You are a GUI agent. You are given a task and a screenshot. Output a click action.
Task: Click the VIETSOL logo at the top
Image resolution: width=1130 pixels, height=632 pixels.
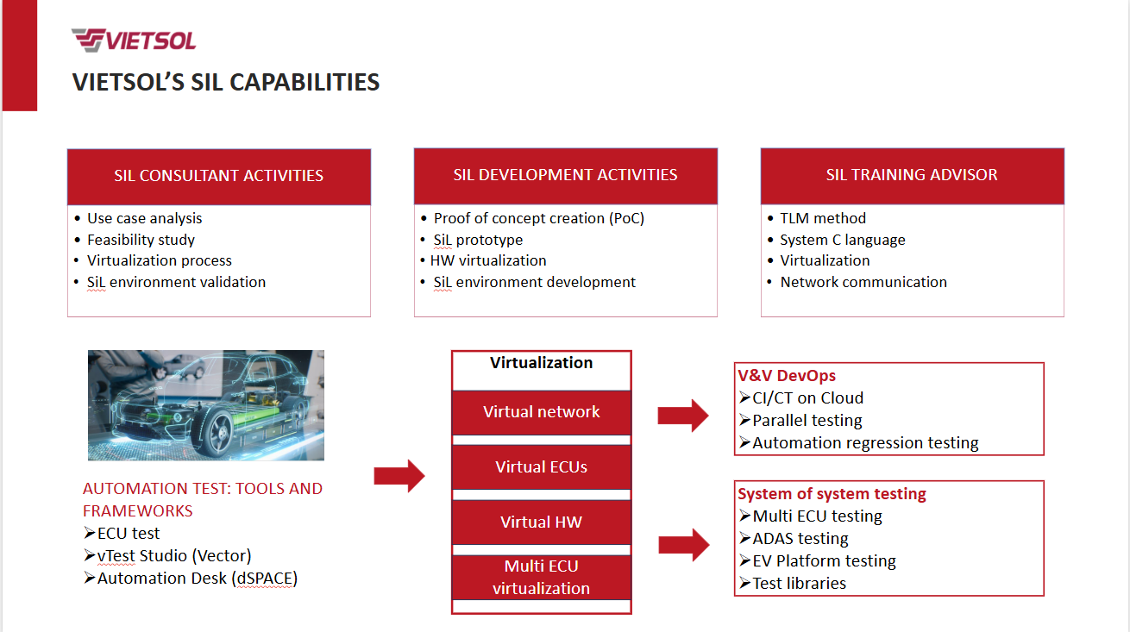134,40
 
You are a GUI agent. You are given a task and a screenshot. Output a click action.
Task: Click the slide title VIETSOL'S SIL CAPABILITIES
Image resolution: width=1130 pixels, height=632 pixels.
226,82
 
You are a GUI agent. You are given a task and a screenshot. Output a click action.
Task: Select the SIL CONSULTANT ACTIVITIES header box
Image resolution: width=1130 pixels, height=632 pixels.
219,176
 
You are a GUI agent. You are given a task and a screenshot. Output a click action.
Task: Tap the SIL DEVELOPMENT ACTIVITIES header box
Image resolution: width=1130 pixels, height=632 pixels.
565,175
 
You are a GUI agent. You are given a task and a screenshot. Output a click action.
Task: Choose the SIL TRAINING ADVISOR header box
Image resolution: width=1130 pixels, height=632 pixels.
912,175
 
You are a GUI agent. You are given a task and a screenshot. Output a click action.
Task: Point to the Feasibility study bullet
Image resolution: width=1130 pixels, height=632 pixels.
141,240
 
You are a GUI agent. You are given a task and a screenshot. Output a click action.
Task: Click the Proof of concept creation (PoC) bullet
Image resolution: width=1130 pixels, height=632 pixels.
538,218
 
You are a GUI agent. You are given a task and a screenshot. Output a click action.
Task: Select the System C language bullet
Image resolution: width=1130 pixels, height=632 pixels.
842,240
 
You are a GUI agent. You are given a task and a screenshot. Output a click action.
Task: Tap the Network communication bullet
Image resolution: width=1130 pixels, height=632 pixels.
863,282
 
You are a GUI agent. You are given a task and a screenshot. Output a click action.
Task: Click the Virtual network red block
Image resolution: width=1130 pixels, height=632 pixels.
541,412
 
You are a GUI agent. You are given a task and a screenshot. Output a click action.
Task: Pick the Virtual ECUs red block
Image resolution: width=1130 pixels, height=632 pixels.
541,467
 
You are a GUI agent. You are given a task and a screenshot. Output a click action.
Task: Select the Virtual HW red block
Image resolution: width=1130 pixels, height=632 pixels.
541,522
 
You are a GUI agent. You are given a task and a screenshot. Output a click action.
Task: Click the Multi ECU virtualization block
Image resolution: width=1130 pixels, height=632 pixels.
541,578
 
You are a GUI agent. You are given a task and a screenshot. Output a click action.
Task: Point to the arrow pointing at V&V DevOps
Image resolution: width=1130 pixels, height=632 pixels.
682,416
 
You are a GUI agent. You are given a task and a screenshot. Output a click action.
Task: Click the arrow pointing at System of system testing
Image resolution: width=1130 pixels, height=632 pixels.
683,545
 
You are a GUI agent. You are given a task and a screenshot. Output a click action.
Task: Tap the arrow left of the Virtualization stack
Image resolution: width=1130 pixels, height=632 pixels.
399,475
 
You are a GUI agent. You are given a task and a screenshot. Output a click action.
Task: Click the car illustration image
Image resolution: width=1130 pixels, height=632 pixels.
206,404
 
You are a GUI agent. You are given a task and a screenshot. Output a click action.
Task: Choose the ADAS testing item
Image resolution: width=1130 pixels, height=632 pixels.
800,539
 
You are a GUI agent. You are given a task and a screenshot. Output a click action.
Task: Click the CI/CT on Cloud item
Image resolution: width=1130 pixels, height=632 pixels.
807,398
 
